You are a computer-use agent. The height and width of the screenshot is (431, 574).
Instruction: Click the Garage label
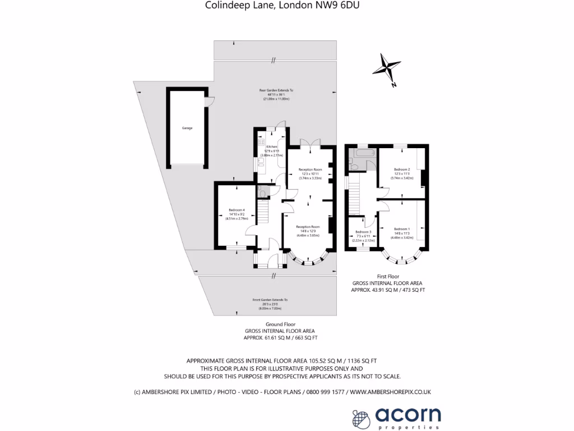(x=187, y=128)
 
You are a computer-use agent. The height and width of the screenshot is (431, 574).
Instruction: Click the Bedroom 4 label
(x=237, y=210)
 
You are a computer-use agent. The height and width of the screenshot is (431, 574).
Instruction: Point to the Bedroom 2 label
(x=401, y=169)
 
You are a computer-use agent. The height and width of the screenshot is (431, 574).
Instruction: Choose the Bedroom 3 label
(x=363, y=232)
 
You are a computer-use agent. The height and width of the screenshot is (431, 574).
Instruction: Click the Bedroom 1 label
(x=401, y=229)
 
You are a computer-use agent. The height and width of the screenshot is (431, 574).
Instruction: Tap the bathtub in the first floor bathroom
(x=362, y=153)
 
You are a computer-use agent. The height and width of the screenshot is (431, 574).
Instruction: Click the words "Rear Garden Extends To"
(x=276, y=90)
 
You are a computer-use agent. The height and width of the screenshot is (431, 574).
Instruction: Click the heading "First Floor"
(x=387, y=276)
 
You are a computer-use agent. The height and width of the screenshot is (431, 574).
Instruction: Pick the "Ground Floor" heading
(x=280, y=324)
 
